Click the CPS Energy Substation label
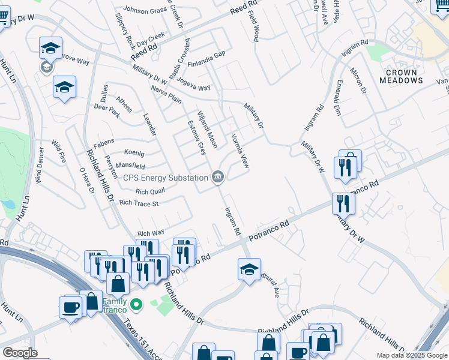[x=165, y=177]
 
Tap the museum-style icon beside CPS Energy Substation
[x=217, y=176]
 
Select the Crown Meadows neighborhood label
[x=401, y=76]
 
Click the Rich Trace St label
[x=139, y=203]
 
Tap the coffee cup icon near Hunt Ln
[x=70, y=308]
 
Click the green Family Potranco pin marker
[x=136, y=305]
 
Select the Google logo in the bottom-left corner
[x=20, y=353]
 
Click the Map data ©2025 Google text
[x=412, y=355]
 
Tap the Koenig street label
[x=134, y=152]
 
